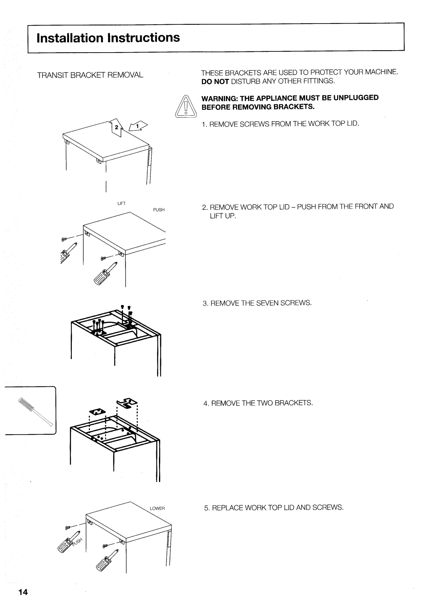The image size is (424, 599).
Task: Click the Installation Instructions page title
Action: pyautogui.click(x=108, y=38)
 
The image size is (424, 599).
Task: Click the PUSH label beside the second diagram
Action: pyautogui.click(x=158, y=210)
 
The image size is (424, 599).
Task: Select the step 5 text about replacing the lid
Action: pyautogui.click(x=273, y=507)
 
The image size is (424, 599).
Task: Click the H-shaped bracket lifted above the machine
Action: pyautogui.click(x=126, y=403)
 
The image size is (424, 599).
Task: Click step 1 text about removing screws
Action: pyautogui.click(x=280, y=124)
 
